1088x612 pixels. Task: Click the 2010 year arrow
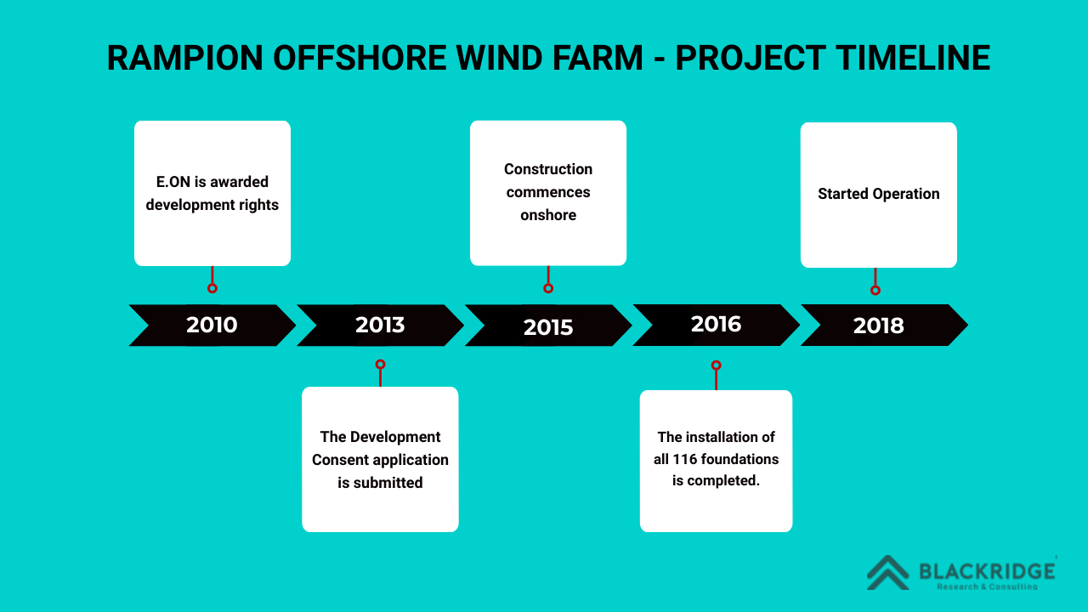212,325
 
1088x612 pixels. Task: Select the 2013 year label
380,325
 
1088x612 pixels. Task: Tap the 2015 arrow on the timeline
548,326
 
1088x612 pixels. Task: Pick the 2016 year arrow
716,324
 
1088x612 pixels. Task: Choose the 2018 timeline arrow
879,326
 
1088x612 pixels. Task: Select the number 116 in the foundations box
685,459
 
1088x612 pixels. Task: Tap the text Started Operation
879,194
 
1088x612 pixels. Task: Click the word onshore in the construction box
548,215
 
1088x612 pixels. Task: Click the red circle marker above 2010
212,288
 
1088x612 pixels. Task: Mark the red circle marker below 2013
380,365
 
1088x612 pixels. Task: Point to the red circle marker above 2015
548,288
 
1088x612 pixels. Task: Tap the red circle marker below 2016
716,365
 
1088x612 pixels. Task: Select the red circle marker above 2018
875,290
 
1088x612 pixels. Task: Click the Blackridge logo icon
887,572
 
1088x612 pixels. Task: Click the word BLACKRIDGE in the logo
987,570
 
